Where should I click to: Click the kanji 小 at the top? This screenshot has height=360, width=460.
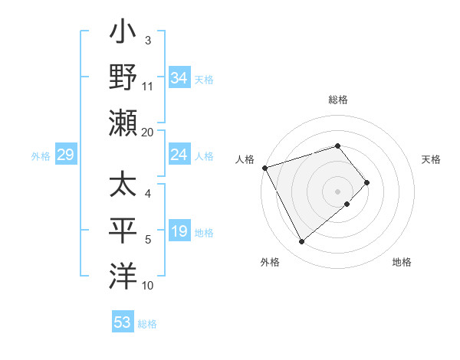tap(123, 34)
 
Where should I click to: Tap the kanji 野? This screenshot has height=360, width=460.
tap(123, 79)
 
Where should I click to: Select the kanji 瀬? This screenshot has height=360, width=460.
tap(123, 123)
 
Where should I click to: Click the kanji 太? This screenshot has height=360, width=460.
tap(123, 186)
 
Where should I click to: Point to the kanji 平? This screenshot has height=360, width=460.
tap(123, 231)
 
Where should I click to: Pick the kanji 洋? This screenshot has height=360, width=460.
tap(123, 275)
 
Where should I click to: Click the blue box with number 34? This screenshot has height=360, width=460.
tap(179, 78)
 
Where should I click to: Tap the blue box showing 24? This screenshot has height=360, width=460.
tap(179, 155)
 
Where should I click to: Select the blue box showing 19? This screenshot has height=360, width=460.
tap(179, 232)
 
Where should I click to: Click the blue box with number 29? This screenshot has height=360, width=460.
tap(65, 155)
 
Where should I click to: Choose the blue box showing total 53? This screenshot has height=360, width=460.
tap(123, 322)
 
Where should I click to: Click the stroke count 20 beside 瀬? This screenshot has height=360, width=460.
tap(148, 132)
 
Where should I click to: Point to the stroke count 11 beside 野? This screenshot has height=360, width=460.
tap(148, 87)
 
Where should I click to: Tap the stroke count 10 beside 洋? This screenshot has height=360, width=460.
tap(148, 286)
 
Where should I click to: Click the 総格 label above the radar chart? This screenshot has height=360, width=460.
tap(337, 100)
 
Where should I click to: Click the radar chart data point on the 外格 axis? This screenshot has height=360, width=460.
tap(301, 242)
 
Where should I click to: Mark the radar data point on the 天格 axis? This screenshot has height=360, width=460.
tap(367, 182)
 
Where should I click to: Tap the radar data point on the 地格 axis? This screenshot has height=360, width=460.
tap(347, 204)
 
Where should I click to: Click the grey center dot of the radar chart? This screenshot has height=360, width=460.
tap(337, 191)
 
